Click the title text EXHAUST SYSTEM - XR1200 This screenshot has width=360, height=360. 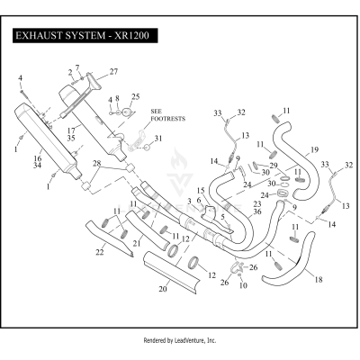82,38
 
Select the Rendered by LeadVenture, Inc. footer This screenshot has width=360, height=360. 180,341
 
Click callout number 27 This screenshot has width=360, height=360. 113,71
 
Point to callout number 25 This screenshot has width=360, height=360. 136,96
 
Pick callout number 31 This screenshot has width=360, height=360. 158,138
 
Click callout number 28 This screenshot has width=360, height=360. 97,162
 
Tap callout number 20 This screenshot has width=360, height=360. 163,290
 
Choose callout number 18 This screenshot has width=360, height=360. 316,280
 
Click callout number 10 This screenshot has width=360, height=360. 243,284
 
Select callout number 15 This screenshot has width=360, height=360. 201,190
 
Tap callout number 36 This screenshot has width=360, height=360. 258,211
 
